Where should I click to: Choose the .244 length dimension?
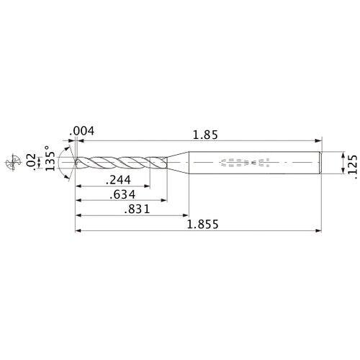pyautogui.click(x=120, y=181)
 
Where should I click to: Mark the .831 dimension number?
pyautogui.click(x=131, y=210)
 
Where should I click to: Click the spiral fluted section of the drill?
pyautogui.click(x=119, y=163)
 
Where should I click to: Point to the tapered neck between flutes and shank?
pyautogui.click(x=177, y=163)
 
